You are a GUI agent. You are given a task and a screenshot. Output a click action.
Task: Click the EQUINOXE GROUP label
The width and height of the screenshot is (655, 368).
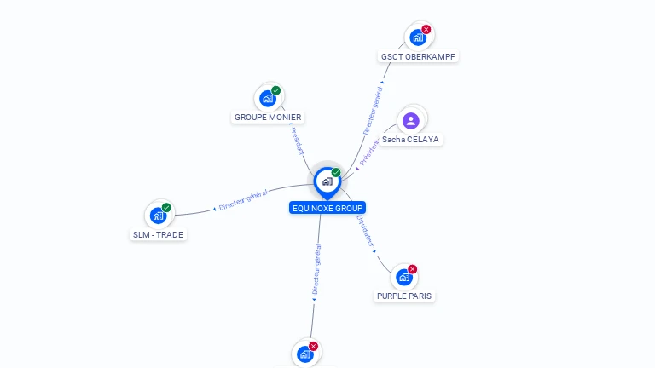click(x=327, y=208)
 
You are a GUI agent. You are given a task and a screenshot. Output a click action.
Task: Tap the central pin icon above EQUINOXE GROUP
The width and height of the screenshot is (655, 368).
click(x=327, y=181)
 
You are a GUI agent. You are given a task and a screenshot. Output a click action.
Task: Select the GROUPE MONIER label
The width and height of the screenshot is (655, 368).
click(x=268, y=118)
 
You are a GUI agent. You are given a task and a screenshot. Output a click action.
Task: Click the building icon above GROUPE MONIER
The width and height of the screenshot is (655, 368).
click(x=268, y=99)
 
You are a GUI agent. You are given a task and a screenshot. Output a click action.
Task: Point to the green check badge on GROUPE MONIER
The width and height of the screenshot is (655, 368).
click(x=276, y=90)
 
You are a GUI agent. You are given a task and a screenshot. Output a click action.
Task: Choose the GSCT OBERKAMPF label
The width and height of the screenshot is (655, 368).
click(x=418, y=56)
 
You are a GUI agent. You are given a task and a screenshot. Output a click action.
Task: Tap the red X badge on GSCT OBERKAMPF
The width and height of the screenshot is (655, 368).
click(x=426, y=29)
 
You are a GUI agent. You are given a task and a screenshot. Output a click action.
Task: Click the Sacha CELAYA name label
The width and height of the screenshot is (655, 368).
click(x=411, y=139)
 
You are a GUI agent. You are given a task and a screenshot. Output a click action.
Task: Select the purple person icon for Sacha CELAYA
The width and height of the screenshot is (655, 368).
click(x=411, y=120)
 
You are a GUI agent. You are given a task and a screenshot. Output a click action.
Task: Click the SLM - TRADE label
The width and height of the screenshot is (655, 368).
click(x=158, y=234)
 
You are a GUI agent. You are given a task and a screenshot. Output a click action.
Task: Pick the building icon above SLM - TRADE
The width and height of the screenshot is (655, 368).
click(x=158, y=216)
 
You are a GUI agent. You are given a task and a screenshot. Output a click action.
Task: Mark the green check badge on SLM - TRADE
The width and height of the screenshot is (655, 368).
click(x=166, y=207)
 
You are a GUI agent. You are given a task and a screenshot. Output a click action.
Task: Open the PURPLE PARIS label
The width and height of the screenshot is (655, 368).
click(x=404, y=296)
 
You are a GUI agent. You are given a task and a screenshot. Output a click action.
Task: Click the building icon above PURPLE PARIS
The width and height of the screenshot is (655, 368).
click(x=404, y=278)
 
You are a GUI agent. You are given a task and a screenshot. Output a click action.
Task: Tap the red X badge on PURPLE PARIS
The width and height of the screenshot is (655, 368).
click(x=413, y=269)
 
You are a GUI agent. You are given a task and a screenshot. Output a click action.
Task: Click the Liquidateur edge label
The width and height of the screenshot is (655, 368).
click(x=365, y=231)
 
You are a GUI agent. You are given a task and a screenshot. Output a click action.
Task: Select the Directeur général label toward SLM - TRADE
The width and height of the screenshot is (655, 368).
click(x=243, y=200)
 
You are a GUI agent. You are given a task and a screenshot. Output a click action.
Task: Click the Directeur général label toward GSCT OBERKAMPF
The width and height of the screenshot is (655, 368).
click(x=373, y=110)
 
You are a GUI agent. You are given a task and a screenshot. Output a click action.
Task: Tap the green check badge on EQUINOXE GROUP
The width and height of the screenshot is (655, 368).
click(x=336, y=172)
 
